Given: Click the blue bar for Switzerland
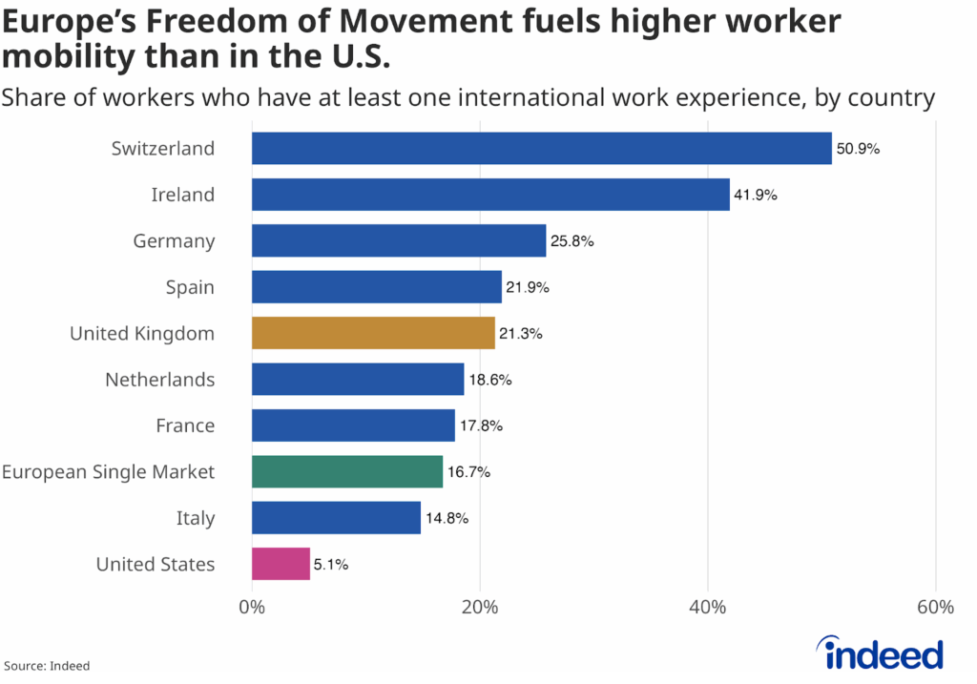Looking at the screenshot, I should pos(541,149).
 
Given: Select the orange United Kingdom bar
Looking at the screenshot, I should pos(373,333).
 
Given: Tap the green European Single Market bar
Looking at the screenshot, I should pos(347,471).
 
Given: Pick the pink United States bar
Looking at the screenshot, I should pos(281,564).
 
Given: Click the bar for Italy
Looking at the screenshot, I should pos(336,518).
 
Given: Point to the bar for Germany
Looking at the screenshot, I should pos(399,241).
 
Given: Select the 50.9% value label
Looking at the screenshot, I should pos(859,150).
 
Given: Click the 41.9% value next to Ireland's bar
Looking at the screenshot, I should pos(756,196).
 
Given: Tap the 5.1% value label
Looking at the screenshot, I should pos(331,565).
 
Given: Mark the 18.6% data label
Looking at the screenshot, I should pos(489,380).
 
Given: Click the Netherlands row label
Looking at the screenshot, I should pos(159,380).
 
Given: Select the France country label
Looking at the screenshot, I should pos(185,425).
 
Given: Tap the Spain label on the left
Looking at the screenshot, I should pos(190,287).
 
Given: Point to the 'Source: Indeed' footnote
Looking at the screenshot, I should pos(48,666).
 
